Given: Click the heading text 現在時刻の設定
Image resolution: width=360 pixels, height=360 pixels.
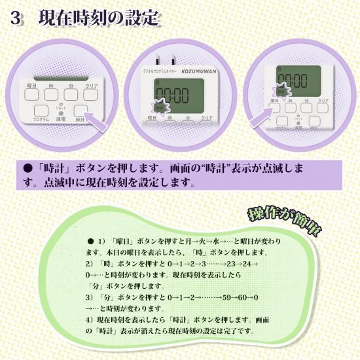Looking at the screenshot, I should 99,18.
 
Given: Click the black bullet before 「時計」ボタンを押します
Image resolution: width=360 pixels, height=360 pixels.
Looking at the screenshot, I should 27,168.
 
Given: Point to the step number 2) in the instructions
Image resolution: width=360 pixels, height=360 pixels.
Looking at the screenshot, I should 90,263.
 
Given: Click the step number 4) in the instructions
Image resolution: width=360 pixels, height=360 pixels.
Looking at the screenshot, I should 90,319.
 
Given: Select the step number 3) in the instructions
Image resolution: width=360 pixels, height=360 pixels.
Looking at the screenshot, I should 90,297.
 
